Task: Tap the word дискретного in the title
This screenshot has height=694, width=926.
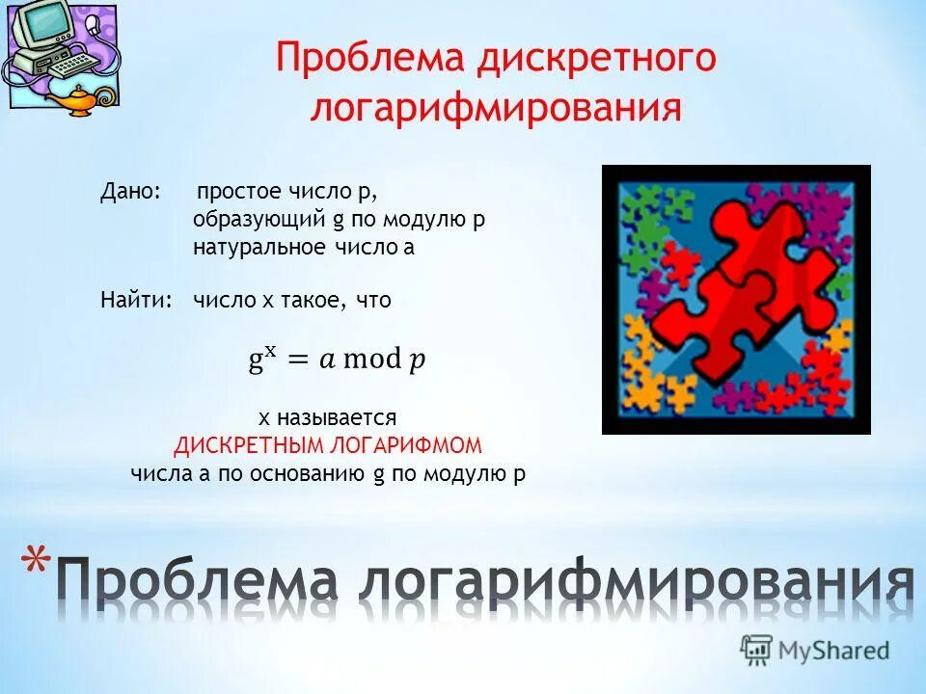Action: click(x=595, y=59)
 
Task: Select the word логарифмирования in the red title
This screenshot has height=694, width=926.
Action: click(x=496, y=108)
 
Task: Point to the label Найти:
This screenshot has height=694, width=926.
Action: click(x=136, y=300)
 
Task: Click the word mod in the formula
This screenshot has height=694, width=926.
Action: click(x=371, y=360)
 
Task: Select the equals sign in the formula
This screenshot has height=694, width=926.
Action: click(x=299, y=360)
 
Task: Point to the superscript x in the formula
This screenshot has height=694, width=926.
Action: click(x=272, y=351)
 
